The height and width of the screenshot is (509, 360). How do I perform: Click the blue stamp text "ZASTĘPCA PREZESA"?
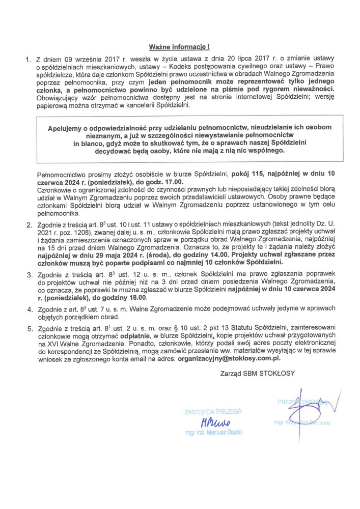pyautogui.click(x=214, y=411)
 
